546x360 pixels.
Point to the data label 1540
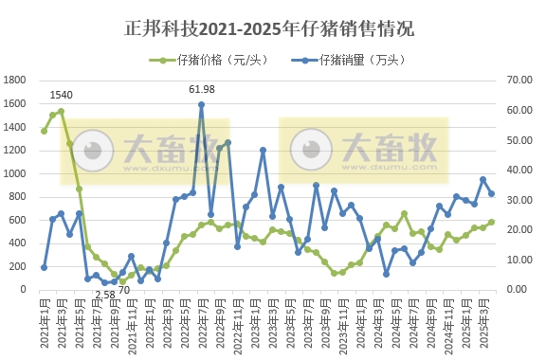(61, 95)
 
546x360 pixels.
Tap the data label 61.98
(202, 89)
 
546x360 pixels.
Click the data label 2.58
(105, 296)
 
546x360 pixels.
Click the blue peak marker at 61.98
(202, 105)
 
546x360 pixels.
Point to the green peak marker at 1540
(61, 111)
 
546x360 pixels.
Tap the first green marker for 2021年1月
(44, 130)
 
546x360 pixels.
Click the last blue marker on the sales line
(491, 194)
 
